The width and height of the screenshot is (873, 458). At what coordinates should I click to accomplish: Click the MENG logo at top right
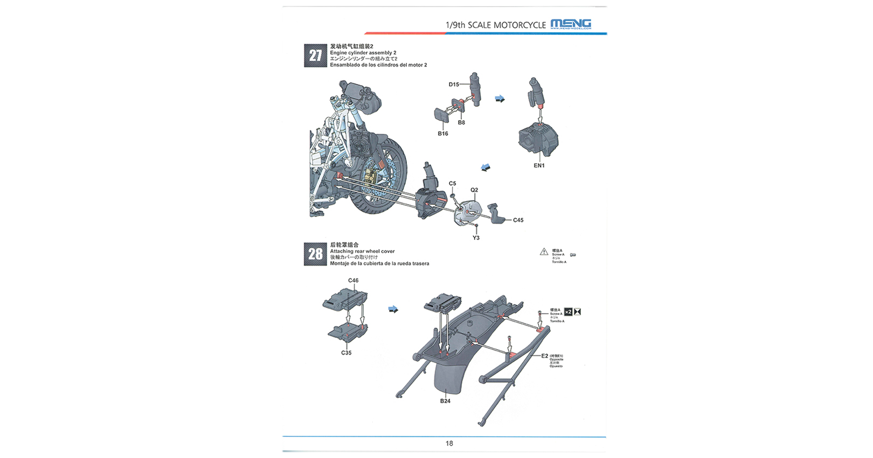571,24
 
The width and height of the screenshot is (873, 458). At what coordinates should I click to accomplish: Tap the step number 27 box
315,55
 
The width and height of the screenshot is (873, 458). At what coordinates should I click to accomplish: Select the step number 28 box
315,254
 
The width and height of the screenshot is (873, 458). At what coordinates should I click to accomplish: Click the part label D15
454,84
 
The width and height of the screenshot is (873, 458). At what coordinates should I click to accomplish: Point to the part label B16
442,134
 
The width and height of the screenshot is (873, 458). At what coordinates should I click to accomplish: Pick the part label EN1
539,165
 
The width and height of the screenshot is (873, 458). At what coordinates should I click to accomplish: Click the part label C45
518,220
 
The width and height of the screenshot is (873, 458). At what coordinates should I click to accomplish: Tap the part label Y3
476,238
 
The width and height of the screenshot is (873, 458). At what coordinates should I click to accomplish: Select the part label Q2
474,190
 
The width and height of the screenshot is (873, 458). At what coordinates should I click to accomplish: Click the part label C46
353,280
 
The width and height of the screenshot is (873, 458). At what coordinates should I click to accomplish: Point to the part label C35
346,353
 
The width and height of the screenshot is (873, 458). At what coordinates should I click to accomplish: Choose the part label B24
445,401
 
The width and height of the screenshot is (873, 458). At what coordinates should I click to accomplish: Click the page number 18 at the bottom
449,443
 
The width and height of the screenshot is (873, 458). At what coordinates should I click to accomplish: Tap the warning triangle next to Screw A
544,252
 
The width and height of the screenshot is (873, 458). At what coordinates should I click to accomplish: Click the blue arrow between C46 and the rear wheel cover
393,309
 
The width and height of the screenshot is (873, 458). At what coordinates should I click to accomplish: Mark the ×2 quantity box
568,312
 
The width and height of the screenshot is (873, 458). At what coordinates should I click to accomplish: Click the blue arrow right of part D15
500,99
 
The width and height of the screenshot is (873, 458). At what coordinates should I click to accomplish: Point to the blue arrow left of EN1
486,168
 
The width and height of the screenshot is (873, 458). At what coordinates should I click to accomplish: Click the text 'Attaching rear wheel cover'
362,251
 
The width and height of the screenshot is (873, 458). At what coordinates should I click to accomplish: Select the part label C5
452,183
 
